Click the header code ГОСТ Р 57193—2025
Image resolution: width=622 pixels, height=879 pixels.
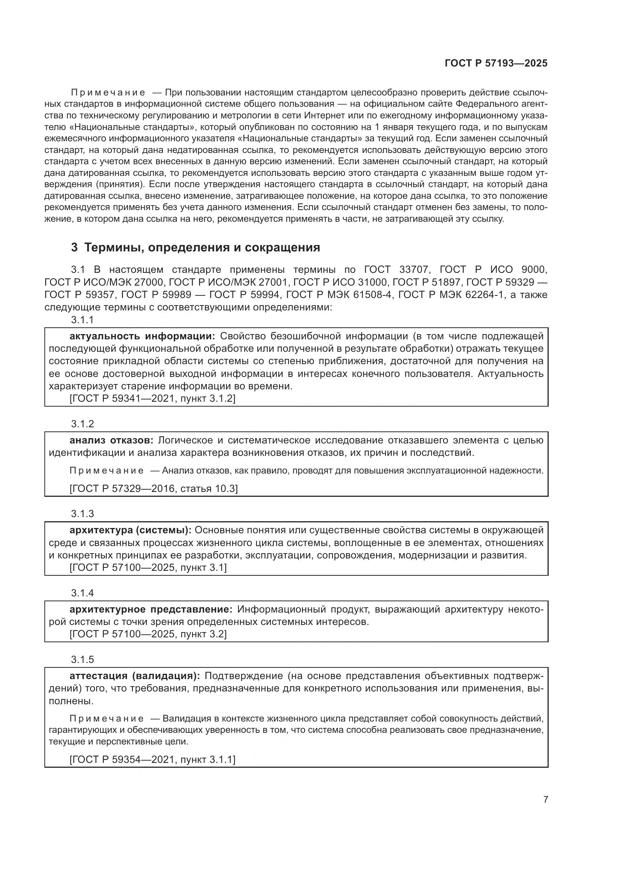click(496, 64)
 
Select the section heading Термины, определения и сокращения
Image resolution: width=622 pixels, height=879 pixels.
click(202, 248)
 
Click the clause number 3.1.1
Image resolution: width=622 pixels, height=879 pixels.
click(82, 320)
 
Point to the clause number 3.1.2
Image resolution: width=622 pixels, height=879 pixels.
click(82, 424)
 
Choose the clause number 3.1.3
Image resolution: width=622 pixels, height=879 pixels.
click(82, 514)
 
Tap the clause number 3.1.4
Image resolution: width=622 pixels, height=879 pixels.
click(82, 593)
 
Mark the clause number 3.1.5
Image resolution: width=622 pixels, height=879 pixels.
click(82, 660)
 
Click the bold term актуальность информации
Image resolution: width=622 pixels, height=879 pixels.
click(143, 336)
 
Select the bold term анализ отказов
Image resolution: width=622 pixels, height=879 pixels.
click(111, 440)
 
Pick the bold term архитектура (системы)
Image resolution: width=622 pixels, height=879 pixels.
click(130, 530)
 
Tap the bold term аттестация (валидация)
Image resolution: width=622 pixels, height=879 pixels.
click(134, 676)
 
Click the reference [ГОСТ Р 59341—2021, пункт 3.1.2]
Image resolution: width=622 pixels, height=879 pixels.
click(152, 398)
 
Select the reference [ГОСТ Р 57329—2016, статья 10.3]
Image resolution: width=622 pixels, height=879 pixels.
click(153, 489)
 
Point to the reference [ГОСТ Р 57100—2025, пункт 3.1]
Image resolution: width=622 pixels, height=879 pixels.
click(148, 568)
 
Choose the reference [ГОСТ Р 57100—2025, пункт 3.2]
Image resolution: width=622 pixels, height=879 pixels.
click(148, 634)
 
